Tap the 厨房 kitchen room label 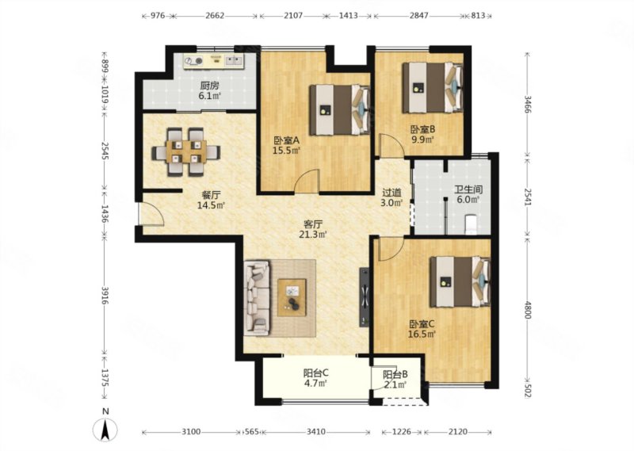tap(209, 86)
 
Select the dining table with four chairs tap(186, 151)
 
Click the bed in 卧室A tap(340, 109)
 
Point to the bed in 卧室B tap(433, 87)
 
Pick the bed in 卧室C tap(460, 281)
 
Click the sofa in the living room tap(257, 298)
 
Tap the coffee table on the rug tap(292, 297)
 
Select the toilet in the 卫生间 tap(472, 225)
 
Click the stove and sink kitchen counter tap(213, 61)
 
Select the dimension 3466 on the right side tap(527, 104)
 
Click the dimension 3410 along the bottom tap(315, 432)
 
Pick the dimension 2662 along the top tap(215, 16)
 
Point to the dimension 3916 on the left tap(105, 296)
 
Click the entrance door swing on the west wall tap(151, 213)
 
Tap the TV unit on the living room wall tap(365, 297)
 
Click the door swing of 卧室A tap(307, 181)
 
